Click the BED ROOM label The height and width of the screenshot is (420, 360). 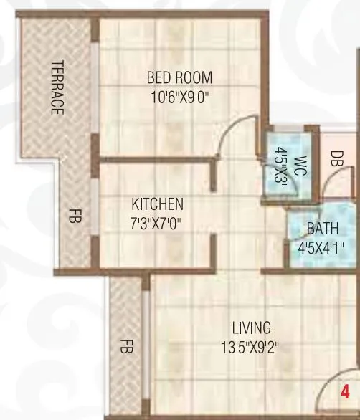(179, 77)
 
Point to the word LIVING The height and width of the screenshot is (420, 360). (251, 328)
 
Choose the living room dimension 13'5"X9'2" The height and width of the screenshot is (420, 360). (250, 347)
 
